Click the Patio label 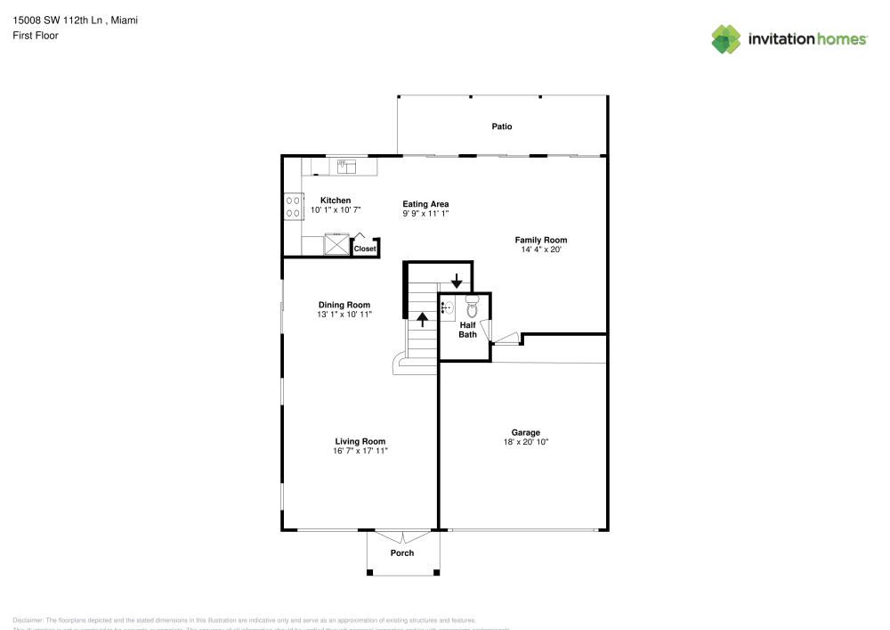[x=502, y=127]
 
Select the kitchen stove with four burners [x=292, y=207]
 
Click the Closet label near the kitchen [x=365, y=249]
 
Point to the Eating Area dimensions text [x=425, y=214]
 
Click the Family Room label [x=541, y=240]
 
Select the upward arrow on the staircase [x=423, y=318]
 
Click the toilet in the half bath [x=472, y=308]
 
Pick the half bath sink [x=449, y=308]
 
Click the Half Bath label [x=467, y=330]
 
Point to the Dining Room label [x=344, y=305]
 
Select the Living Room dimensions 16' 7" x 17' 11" [x=360, y=452]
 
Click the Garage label [x=526, y=432]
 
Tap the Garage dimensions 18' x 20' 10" [x=526, y=442]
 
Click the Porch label [x=402, y=552]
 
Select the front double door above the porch [x=402, y=536]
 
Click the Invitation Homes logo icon [x=726, y=38]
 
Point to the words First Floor [x=36, y=36]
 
